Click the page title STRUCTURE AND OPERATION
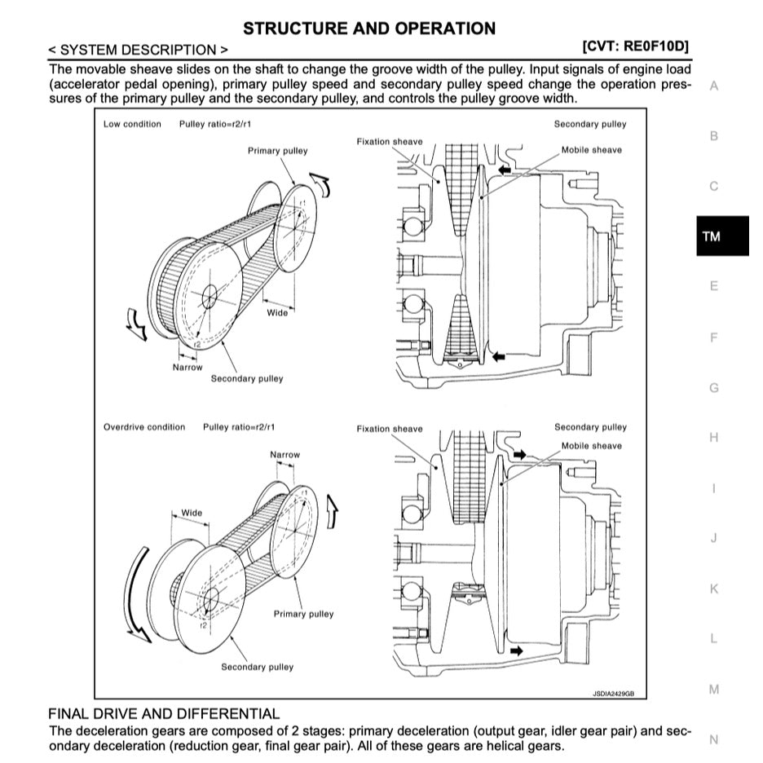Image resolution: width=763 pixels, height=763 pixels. tap(368, 29)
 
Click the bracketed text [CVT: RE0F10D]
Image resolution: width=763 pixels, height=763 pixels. tap(636, 46)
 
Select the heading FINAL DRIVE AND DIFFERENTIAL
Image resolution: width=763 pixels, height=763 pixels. tap(163, 713)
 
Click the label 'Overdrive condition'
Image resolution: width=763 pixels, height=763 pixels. tap(144, 427)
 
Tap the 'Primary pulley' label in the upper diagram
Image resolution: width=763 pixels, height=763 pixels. tap(278, 151)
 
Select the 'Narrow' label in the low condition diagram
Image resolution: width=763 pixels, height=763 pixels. tap(187, 368)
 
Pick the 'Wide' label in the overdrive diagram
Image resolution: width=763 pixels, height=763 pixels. tap(192, 513)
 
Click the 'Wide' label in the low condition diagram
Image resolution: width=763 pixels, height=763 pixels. tap(277, 313)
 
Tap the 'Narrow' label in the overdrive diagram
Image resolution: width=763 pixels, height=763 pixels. tap(284, 455)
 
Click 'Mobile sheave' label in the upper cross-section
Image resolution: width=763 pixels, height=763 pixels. tap(591, 150)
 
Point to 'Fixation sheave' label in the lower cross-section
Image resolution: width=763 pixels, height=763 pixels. tap(390, 429)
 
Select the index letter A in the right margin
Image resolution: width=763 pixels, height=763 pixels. tap(714, 86)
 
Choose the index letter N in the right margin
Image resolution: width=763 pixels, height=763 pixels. tap(714, 739)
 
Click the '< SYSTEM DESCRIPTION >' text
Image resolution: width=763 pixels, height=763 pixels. tap(139, 51)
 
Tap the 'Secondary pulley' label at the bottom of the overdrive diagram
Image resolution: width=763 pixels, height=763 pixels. tap(257, 667)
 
